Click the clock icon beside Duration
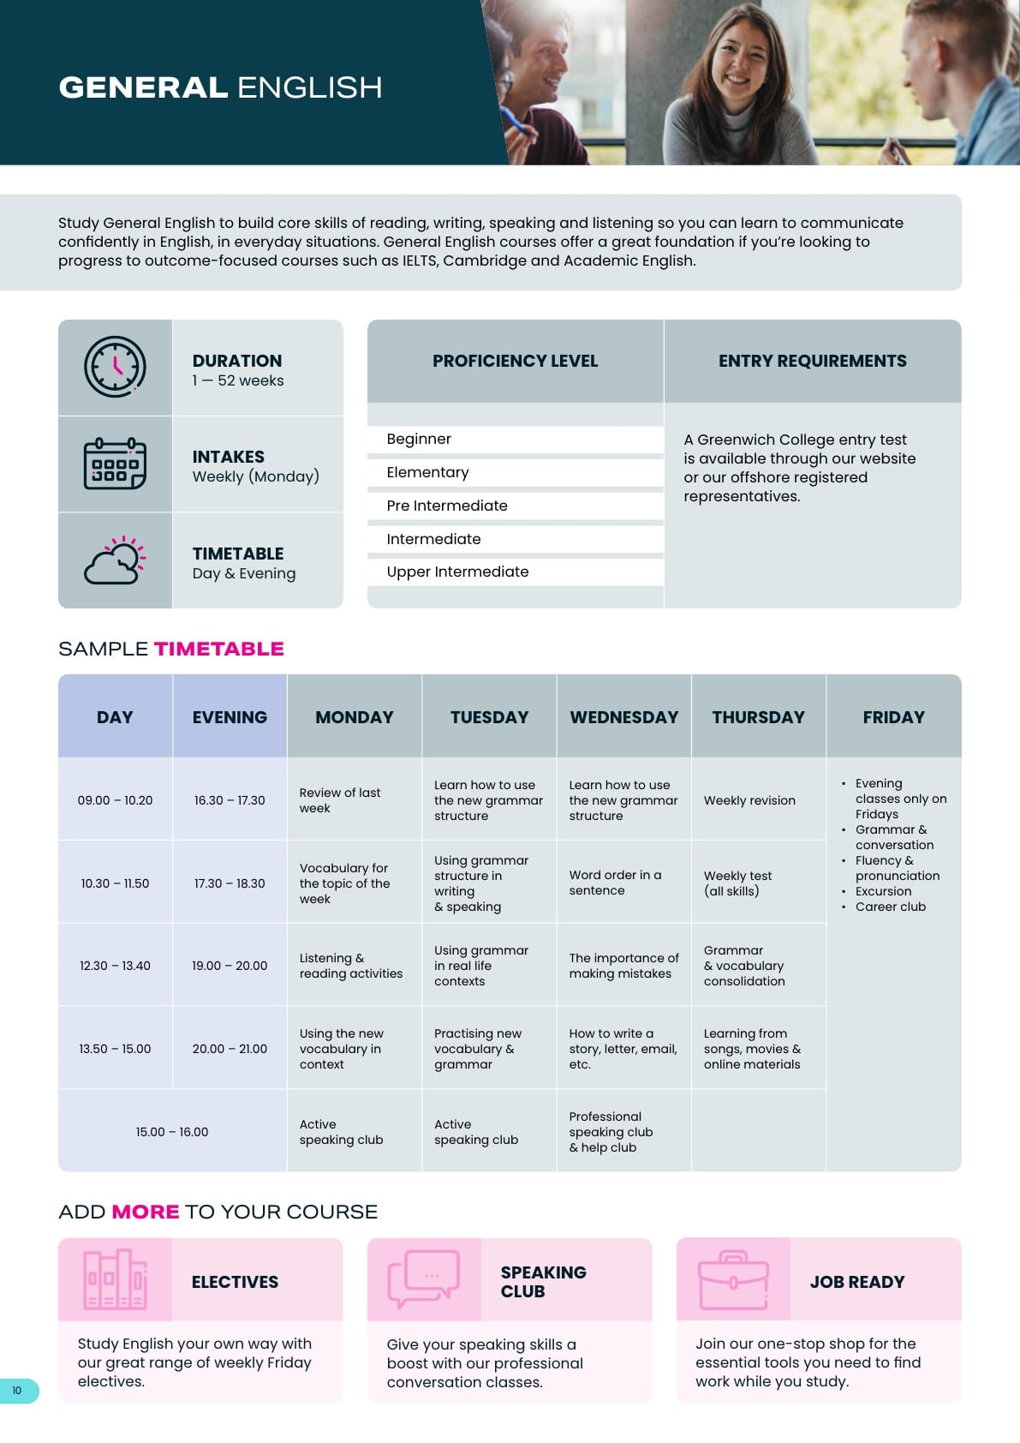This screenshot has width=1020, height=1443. (115, 367)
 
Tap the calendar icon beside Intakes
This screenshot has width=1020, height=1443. (115, 464)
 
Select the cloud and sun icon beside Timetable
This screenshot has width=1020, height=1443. (115, 560)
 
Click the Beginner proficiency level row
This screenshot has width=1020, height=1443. (515, 439)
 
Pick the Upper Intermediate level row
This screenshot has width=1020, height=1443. (515, 572)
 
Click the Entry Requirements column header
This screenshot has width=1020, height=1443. (812, 361)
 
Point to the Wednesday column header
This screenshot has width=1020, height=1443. (623, 717)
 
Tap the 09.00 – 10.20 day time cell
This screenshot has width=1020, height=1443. (115, 800)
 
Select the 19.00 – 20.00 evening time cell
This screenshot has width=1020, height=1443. (230, 966)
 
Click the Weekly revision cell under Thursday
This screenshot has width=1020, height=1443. (749, 800)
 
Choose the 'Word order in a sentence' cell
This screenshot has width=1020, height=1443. (615, 883)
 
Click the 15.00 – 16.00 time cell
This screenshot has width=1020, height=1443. (172, 1132)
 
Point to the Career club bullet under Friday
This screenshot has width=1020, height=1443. (890, 907)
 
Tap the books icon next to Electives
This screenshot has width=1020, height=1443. (115, 1279)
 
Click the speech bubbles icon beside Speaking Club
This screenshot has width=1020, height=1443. (424, 1279)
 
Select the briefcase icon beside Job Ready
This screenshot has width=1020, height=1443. (733, 1279)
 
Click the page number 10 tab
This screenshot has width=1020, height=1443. (17, 1391)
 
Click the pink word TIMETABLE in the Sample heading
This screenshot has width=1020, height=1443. (218, 649)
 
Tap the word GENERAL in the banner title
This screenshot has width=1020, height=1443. (143, 87)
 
